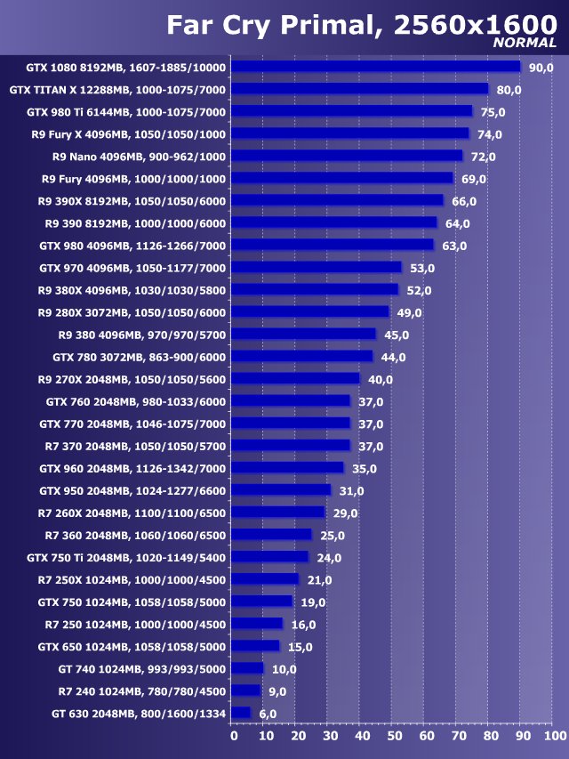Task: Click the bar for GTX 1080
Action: point(376,67)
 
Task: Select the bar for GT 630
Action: point(242,713)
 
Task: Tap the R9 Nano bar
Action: point(348,156)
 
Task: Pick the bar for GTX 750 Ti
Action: point(270,557)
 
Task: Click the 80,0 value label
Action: point(509,90)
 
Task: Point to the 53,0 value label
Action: point(422,268)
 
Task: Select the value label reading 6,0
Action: point(268,714)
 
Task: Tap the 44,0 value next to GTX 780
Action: point(393,357)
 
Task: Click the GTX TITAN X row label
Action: point(117,90)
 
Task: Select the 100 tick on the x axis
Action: point(553,736)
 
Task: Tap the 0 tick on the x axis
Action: point(234,736)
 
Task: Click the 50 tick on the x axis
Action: point(394,736)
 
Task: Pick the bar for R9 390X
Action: point(338,201)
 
